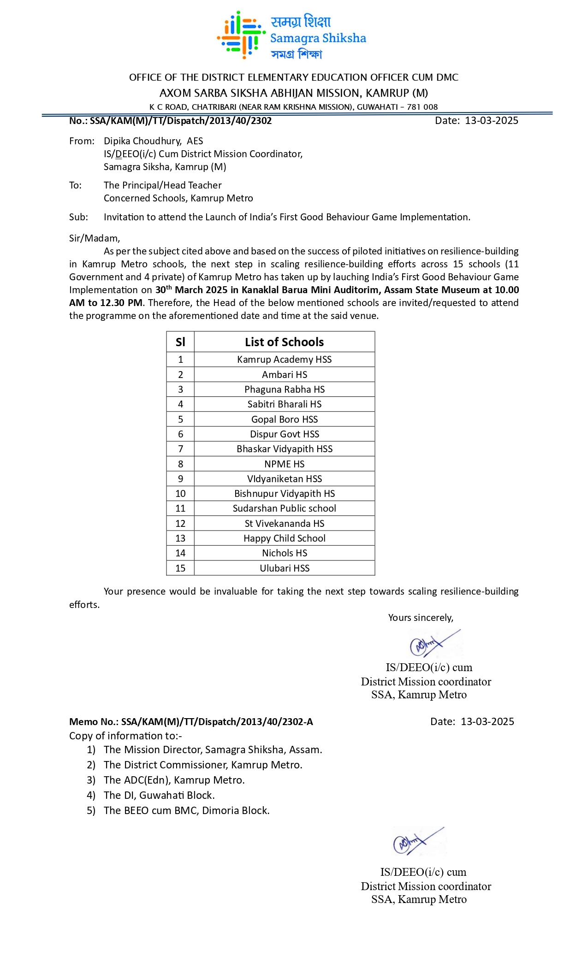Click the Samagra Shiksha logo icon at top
(x=241, y=35)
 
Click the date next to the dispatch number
(x=491, y=121)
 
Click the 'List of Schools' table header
(x=284, y=342)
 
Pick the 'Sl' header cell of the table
(x=180, y=342)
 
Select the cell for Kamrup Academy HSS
(x=284, y=360)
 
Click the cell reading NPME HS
(x=284, y=464)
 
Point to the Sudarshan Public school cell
(x=284, y=508)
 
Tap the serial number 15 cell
(x=180, y=568)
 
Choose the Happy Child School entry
(x=284, y=538)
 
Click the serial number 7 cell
(x=180, y=449)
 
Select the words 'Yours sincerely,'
(x=421, y=618)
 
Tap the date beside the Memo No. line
(x=487, y=722)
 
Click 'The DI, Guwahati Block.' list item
(x=159, y=795)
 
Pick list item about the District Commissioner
(x=203, y=765)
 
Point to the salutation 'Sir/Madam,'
(x=95, y=238)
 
